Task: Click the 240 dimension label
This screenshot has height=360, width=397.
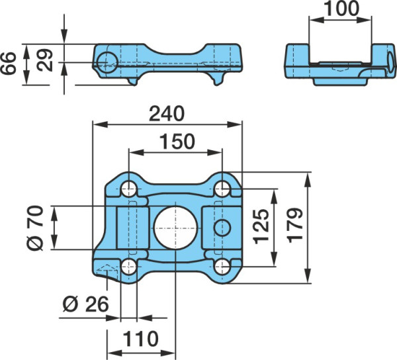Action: tap(167, 114)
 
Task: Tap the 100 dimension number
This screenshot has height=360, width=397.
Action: tap(341, 9)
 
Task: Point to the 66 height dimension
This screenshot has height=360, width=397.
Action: tap(9, 64)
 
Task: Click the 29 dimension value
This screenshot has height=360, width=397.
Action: tap(44, 60)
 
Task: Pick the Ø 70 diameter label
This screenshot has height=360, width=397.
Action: tap(35, 228)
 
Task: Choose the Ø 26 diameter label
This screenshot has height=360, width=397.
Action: tap(86, 304)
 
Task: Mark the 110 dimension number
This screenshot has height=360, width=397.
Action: tap(140, 339)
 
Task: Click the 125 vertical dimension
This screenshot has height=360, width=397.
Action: tap(261, 226)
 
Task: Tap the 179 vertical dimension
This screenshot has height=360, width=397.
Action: tap(296, 225)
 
